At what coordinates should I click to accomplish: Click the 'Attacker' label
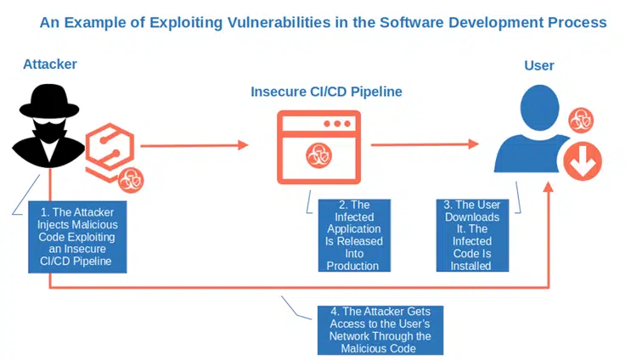(50, 65)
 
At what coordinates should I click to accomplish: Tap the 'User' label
(538, 65)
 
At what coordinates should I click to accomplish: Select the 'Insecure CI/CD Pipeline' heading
(326, 92)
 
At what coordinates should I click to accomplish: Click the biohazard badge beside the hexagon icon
(131, 180)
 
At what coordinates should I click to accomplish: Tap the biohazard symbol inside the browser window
(319, 155)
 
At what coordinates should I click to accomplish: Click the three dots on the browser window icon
(337, 124)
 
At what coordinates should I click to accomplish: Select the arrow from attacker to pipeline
(194, 145)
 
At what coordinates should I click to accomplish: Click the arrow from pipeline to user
(425, 144)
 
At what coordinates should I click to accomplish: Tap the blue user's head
(539, 107)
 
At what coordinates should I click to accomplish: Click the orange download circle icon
(583, 161)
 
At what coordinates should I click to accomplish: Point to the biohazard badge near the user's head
(581, 120)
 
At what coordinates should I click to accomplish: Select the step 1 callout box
(77, 237)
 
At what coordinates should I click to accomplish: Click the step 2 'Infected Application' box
(354, 235)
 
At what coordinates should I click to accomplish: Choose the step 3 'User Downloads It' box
(472, 235)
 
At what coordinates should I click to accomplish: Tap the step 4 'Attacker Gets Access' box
(380, 330)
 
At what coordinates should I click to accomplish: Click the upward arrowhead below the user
(549, 188)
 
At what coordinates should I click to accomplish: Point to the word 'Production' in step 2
(352, 266)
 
